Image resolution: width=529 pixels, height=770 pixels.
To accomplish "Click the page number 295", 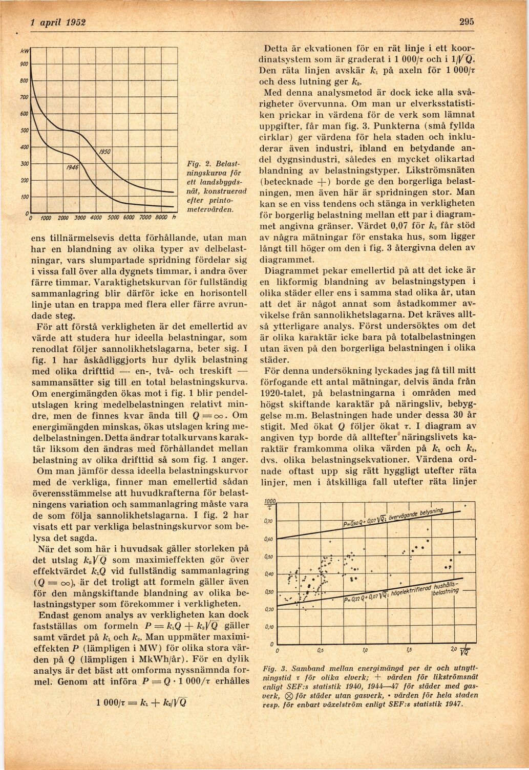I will (x=467, y=22).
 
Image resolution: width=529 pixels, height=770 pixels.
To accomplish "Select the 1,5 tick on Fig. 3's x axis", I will (x=408, y=651).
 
